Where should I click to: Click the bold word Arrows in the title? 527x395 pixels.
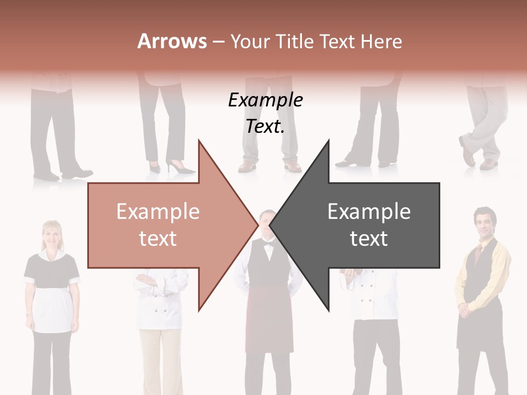pos(172,41)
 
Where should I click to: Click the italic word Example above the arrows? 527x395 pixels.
pos(265,100)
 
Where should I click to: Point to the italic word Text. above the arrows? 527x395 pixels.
pos(265,126)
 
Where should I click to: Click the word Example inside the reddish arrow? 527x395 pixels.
pos(158,211)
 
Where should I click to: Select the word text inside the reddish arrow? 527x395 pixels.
pos(158,239)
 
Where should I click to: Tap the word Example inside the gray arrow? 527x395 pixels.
pos(369,211)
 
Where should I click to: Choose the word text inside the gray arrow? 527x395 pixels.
pos(369,239)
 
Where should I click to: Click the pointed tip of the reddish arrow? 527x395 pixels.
pos(257,225)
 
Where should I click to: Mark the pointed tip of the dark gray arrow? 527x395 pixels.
pos(271,225)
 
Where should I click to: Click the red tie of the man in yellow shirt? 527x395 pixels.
pos(478,253)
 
